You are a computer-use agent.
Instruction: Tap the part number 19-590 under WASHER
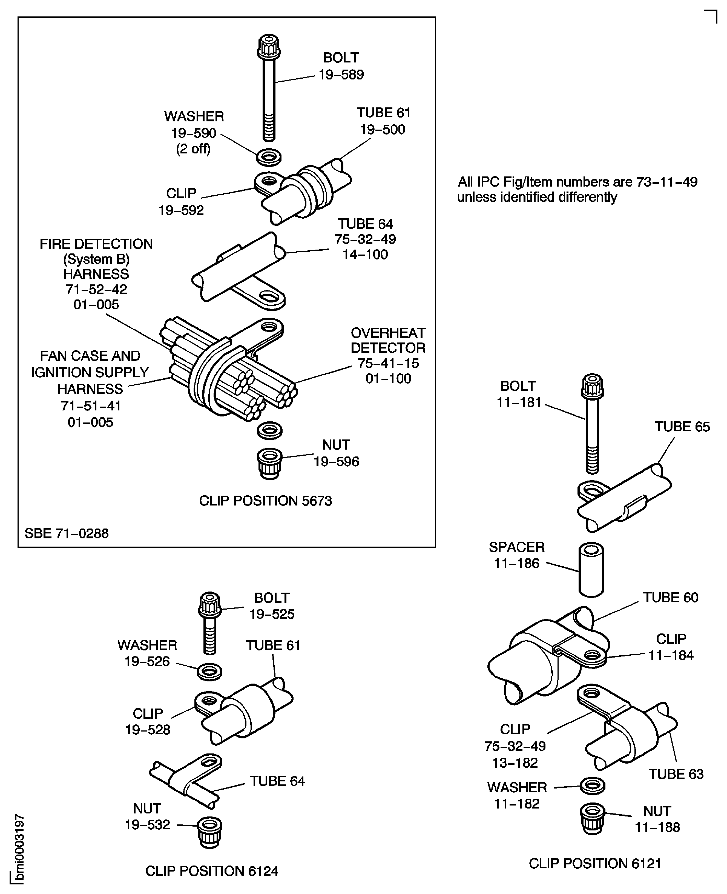coord(194,133)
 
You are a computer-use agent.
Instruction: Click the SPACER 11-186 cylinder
coord(591,570)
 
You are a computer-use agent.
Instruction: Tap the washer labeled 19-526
coord(209,672)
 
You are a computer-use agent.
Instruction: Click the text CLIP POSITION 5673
coord(266,501)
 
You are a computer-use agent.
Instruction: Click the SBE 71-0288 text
coord(67,533)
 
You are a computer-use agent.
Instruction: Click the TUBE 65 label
coord(682,427)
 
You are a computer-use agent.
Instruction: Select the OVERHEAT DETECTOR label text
coord(388,340)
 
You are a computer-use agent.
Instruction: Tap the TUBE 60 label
coord(671,597)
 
